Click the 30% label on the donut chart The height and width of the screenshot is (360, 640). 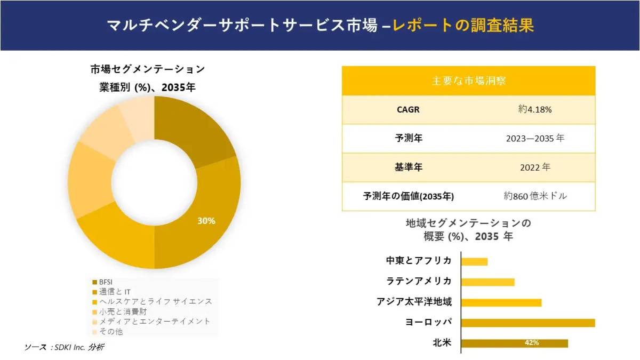(206, 221)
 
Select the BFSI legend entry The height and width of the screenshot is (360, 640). (106, 282)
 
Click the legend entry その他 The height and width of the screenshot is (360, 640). (111, 331)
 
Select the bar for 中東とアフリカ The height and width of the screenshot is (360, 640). (474, 261)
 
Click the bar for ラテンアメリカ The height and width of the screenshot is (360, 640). (487, 282)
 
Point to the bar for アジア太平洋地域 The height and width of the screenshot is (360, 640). (501, 302)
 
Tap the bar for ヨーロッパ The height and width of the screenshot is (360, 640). (527, 323)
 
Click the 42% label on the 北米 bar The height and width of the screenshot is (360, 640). (531, 343)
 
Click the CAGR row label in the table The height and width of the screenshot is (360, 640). (408, 110)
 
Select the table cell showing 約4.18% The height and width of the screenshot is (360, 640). (534, 110)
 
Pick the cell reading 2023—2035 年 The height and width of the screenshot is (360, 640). (534, 139)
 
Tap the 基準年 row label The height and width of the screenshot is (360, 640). (408, 167)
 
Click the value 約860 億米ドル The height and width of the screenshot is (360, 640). (534, 196)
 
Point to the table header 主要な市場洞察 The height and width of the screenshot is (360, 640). (468, 81)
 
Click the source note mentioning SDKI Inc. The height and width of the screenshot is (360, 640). (64, 347)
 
